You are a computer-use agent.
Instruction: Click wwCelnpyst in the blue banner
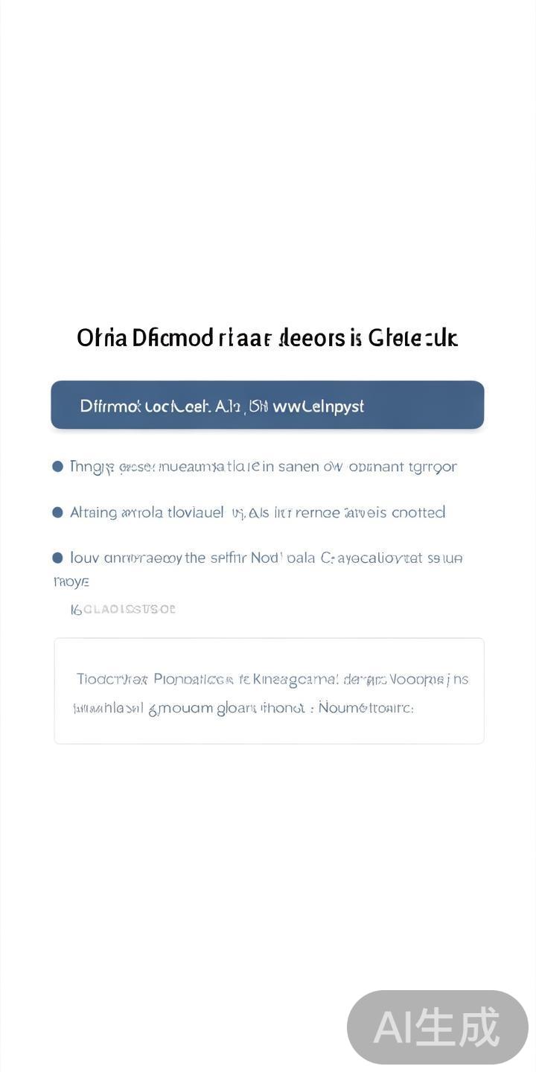[x=319, y=406]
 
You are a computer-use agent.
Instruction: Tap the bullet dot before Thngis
[x=57, y=467]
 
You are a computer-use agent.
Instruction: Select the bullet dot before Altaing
[x=57, y=512]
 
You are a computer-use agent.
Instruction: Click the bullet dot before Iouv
[x=57, y=558]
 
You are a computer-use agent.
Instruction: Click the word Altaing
[x=93, y=512]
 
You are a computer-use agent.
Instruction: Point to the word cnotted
[x=418, y=512]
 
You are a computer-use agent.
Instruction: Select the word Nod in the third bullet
[x=264, y=558]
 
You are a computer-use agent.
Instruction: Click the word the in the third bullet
[x=195, y=558]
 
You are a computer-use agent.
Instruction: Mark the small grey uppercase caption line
[x=123, y=609]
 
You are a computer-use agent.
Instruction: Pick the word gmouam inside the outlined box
[x=181, y=708]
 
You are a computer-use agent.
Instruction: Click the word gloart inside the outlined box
[x=237, y=708]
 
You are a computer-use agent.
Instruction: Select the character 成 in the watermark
[x=479, y=1028]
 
